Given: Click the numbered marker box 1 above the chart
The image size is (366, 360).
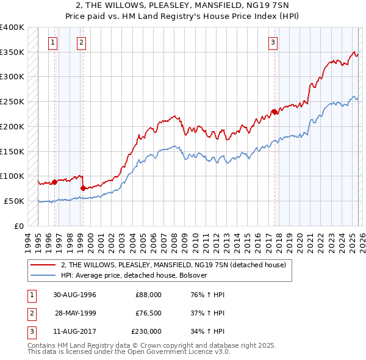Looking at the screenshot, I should pos(53,43).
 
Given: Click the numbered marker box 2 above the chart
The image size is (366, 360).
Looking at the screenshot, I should pos(81,43).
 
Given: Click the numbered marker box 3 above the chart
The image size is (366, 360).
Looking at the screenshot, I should pos(273,43).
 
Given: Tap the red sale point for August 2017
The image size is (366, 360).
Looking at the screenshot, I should pos(274,111).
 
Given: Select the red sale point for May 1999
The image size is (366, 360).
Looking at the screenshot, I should pos(83,187).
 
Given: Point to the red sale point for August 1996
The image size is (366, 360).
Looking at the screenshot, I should pos(54,181).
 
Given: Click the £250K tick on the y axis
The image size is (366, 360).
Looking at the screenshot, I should pos(12,102).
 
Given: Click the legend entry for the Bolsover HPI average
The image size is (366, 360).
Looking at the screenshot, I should pos(134,275).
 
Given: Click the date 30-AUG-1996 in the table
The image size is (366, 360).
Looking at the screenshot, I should pos(74,295).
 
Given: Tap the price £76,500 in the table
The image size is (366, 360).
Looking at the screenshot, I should pos(148,313).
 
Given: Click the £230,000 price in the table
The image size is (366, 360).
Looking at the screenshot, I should pos(146,331).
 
